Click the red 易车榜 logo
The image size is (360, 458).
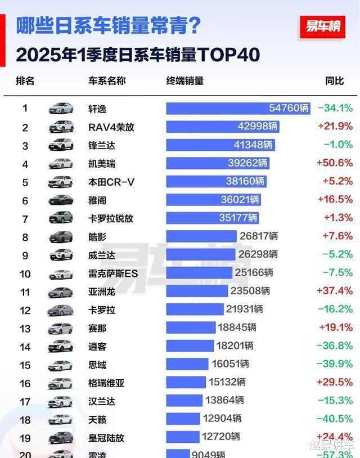click(323, 26)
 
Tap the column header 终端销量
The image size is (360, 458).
click(185, 80)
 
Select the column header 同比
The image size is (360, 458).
click(334, 80)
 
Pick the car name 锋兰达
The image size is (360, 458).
click(102, 145)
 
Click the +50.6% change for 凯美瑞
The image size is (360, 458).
click(335, 163)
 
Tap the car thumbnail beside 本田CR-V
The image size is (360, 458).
click(60, 182)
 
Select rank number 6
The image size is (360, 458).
click(25, 200)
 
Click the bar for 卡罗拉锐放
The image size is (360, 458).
click(211, 218)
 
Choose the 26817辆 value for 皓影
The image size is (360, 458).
click(259, 236)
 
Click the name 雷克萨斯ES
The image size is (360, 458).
click(113, 273)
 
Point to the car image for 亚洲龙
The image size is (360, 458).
click(60, 291)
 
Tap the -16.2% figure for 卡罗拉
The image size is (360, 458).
click(335, 309)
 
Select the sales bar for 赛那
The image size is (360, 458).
click(191, 327)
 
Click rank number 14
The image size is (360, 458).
click(25, 347)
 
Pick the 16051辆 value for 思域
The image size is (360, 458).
click(230, 364)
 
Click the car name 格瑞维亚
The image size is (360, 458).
click(106, 383)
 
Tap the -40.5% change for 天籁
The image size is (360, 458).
click(335, 419)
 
